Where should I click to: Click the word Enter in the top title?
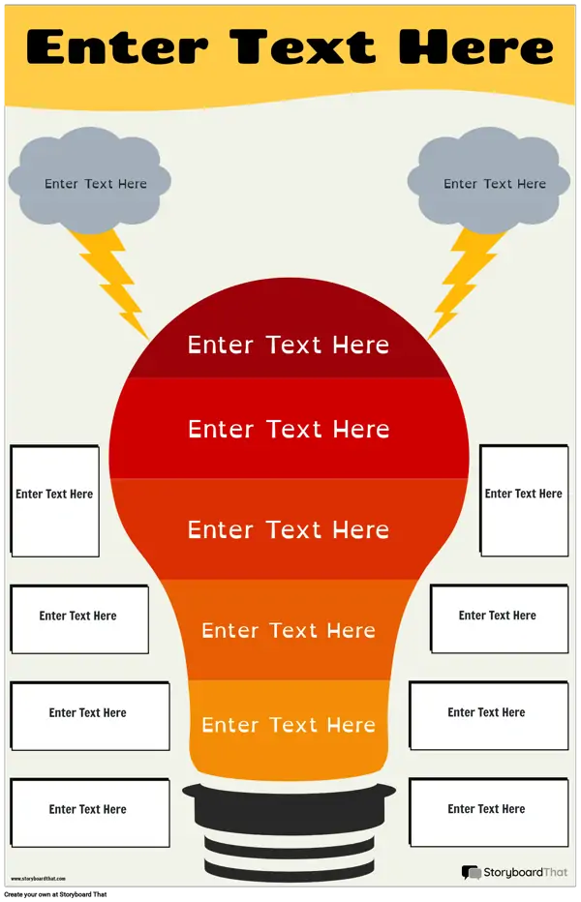[117, 47]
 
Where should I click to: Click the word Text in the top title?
[303, 46]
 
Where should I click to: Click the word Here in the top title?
[475, 46]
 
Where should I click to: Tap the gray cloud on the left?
[90, 180]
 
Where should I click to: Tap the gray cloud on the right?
[489, 180]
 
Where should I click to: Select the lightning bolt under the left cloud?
[110, 281]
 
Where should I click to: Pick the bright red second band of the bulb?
[290, 429]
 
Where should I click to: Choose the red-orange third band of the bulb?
[289, 529]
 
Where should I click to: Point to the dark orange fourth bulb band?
[289, 630]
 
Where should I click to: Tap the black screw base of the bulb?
[290, 828]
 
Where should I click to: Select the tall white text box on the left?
[54, 501]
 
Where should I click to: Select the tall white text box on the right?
[524, 500]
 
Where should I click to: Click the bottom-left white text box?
[90, 813]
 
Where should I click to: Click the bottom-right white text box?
[489, 812]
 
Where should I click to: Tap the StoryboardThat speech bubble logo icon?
[471, 873]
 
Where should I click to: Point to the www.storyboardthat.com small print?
[38, 879]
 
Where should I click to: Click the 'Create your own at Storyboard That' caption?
[55, 894]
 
